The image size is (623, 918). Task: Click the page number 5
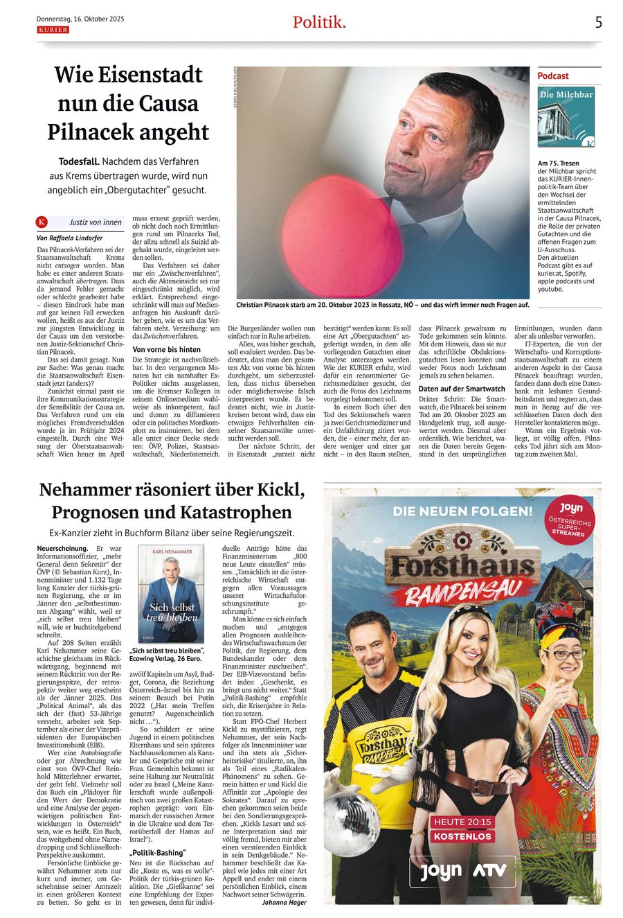pos(598,22)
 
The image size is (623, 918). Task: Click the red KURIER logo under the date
pos(53,30)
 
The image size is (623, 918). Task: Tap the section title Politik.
pos(319,22)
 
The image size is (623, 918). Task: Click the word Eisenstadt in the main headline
pos(148,75)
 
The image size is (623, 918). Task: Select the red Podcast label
pos(553,76)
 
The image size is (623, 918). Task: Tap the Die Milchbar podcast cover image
pos(567,117)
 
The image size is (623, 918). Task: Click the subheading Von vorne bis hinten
pos(166,349)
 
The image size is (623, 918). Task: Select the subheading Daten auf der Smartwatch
pos(462,389)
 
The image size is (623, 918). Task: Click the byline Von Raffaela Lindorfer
pos(69,238)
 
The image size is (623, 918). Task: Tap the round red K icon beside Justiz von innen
pos(42,222)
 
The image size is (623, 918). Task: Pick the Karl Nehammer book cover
pos(170,594)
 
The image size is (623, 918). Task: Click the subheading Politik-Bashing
pos(158,853)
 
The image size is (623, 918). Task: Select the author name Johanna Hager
pos(284,902)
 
